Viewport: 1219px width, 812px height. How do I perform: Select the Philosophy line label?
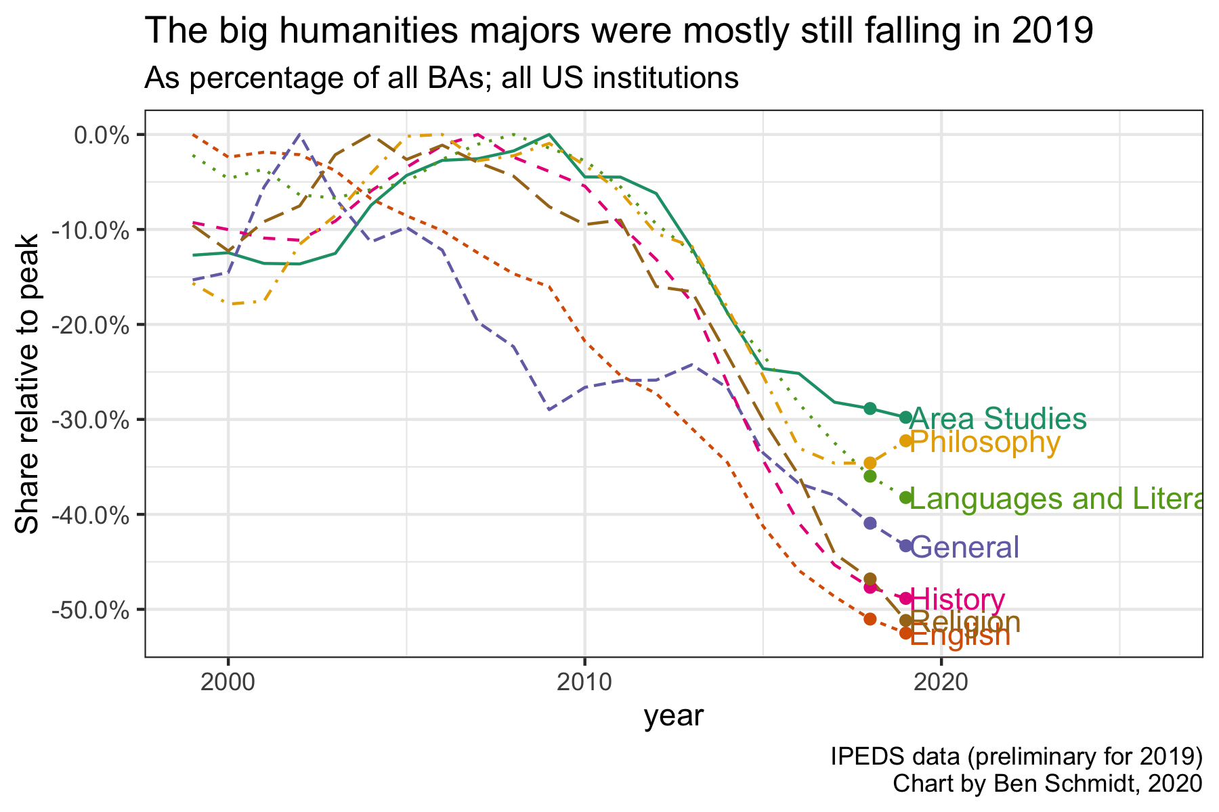point(985,443)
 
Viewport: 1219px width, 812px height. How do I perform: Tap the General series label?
point(965,547)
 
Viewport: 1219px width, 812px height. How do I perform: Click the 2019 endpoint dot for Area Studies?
point(906,418)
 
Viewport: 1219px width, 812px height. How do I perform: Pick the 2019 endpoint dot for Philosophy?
point(906,441)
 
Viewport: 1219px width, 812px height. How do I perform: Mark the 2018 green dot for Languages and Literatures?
point(870,476)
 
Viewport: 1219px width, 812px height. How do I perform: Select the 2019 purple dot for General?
point(906,545)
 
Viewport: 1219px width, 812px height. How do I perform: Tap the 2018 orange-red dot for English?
point(870,619)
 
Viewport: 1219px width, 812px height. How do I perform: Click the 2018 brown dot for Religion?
point(870,579)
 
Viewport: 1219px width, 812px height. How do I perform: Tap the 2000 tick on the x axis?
point(228,681)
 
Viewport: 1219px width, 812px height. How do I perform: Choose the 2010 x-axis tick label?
point(584,681)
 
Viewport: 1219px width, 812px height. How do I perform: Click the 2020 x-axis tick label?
point(941,681)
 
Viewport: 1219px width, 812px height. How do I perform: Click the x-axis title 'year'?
point(674,717)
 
